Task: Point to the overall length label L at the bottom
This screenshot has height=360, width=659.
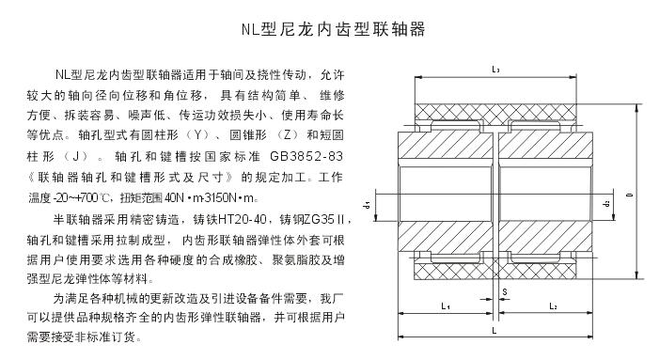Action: pyautogui.click(x=495, y=333)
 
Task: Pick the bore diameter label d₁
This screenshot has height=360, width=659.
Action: pyautogui.click(x=388, y=202)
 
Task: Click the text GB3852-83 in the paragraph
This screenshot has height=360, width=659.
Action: pyautogui.click(x=316, y=155)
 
